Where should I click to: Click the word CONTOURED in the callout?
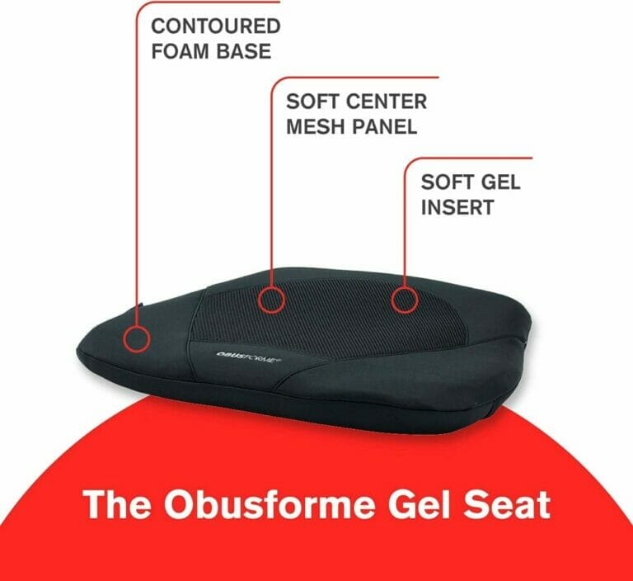pos(216,26)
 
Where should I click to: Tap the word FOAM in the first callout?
pos(178,51)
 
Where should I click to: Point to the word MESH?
pos(316,128)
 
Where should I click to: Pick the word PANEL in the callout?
pos(384,128)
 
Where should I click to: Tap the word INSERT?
pos(457,207)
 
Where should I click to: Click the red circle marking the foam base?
pos(136,338)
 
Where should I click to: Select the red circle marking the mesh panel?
pos(271,298)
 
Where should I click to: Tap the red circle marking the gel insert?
pos(403,299)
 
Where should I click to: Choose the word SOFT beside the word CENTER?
pos(314,102)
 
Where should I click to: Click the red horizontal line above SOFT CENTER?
pos(354,78)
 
